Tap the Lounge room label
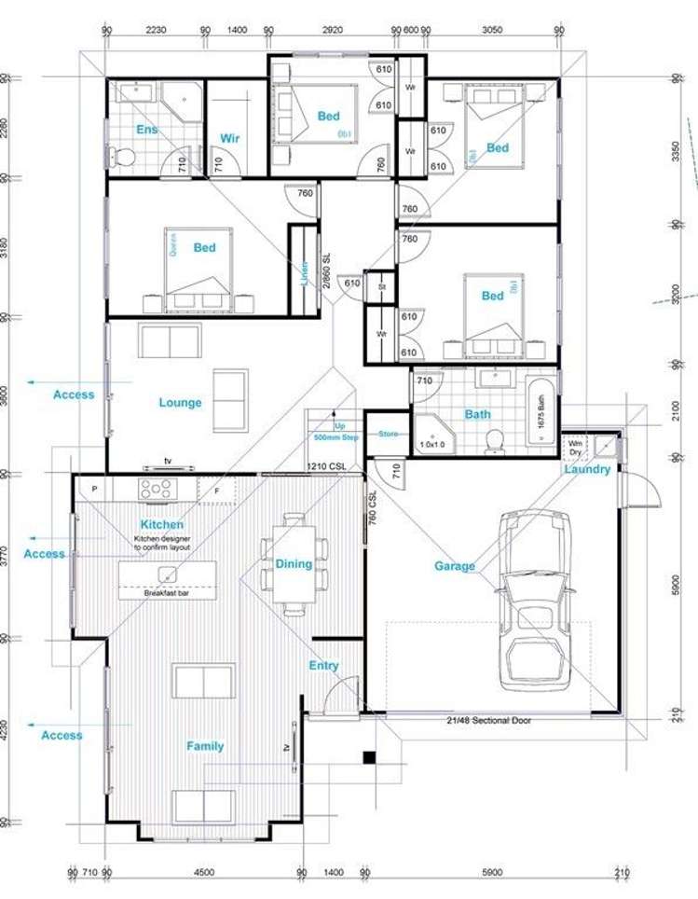point(180,403)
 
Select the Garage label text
point(454,566)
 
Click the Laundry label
point(587,469)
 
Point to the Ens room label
point(147,129)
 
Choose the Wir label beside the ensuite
point(229,138)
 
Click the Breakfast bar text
point(167,593)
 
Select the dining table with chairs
point(294,564)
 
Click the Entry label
point(323,666)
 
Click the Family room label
point(205,746)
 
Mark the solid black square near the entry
point(369,756)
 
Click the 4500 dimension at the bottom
point(204,873)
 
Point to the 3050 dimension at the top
point(492,30)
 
